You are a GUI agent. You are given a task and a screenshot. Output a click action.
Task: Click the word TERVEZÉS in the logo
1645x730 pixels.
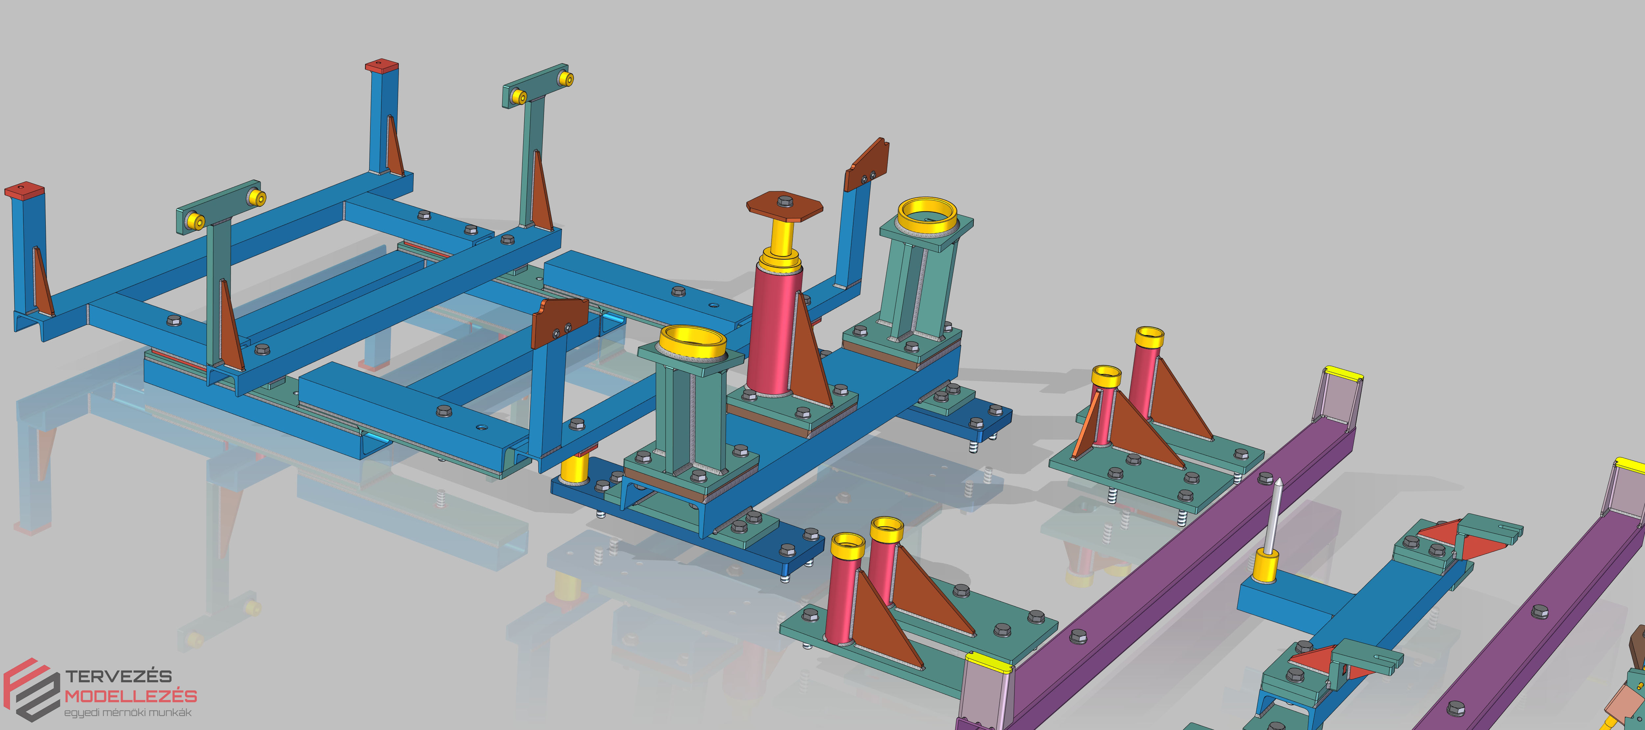(x=119, y=676)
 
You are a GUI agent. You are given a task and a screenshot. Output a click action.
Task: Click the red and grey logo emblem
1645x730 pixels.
(x=32, y=690)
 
